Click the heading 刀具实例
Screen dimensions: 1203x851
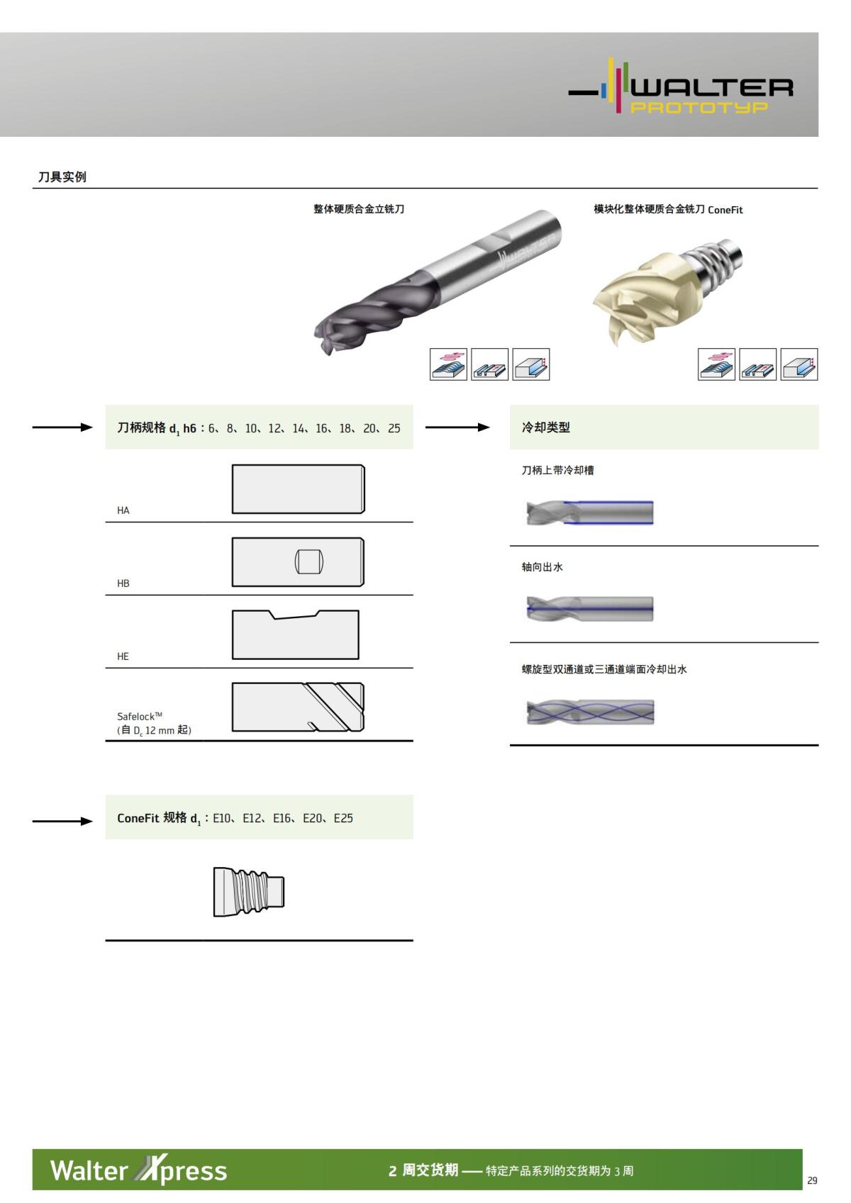click(62, 177)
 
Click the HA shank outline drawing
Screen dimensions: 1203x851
click(298, 489)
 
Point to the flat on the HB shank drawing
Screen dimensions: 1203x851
click(309, 562)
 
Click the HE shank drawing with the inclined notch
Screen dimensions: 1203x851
click(295, 634)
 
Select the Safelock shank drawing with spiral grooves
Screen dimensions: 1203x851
click(298, 707)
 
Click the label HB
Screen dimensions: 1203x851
click(123, 583)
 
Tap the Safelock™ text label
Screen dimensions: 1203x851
click(140, 716)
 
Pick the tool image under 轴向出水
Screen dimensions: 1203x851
click(589, 609)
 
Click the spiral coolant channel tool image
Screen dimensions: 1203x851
click(589, 712)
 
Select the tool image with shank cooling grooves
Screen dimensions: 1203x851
click(589, 512)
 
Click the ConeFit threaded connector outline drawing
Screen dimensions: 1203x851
click(248, 891)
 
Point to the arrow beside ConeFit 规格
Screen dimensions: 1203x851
click(62, 821)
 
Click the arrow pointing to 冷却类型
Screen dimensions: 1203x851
click(457, 427)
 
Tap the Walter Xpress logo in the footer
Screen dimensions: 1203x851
click(138, 1170)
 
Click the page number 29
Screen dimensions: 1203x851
click(812, 1180)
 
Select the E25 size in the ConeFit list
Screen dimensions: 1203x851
click(343, 818)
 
